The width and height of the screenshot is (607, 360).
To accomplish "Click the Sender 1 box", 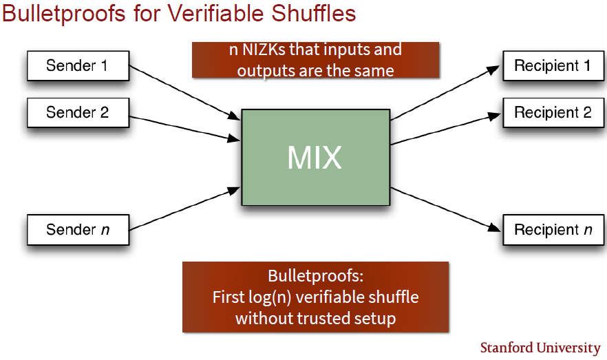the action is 78,66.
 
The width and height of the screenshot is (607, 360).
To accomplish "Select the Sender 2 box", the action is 78,113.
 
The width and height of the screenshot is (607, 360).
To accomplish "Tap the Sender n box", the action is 78,230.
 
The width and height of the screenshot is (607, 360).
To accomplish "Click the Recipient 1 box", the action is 553,66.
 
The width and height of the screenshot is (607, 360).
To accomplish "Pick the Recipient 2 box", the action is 553,113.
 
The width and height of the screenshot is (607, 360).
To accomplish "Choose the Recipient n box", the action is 553,230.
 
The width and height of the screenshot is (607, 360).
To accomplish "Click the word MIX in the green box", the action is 315,158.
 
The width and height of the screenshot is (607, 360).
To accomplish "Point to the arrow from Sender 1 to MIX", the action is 184,93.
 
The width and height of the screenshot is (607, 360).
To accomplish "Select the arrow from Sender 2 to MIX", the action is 184,129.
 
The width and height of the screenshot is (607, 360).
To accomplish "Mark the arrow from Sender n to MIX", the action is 184,209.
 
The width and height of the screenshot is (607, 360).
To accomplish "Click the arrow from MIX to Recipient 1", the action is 445,93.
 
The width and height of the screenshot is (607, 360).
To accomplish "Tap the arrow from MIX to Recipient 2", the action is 446,129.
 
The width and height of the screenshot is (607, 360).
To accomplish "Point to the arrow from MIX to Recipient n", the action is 445,209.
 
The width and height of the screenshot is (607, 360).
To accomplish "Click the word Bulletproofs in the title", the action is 64,13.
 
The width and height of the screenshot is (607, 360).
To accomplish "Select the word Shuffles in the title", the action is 313,13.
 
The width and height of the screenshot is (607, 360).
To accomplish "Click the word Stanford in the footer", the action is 507,348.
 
